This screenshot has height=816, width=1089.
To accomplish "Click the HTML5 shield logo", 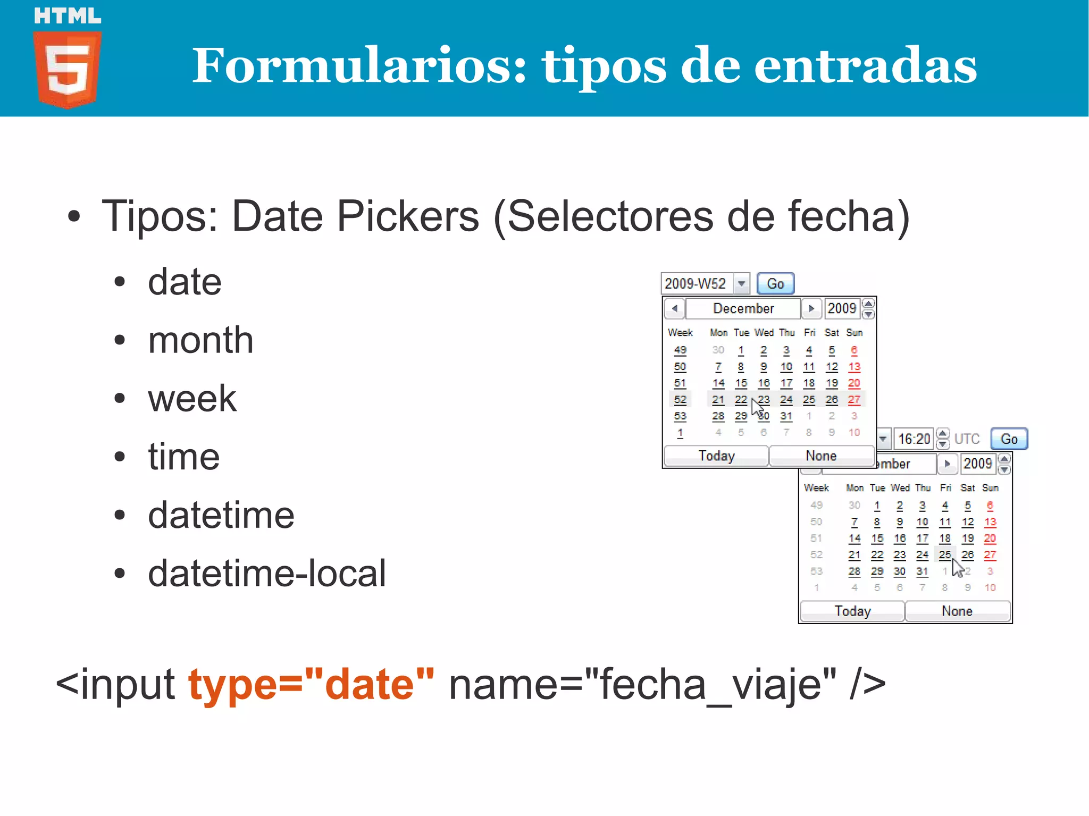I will click(68, 68).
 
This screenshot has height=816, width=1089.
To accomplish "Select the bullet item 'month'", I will click(200, 340).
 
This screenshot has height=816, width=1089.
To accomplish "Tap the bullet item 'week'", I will click(192, 398).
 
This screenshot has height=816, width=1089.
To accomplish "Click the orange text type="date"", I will click(311, 684).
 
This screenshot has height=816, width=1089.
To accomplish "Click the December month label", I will click(743, 309).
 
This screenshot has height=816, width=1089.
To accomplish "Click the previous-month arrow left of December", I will click(675, 309).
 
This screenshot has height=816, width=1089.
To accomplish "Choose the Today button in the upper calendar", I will click(716, 456).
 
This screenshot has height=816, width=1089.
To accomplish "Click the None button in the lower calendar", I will click(957, 611).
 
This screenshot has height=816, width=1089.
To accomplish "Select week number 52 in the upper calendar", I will click(680, 400).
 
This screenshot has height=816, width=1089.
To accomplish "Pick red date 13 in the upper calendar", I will click(854, 367).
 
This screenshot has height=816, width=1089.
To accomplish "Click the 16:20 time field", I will click(914, 439).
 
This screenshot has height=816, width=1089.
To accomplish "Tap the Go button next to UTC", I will click(1009, 439).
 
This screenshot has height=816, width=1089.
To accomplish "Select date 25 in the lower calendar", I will click(944, 555).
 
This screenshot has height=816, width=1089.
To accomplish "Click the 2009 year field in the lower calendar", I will click(977, 464).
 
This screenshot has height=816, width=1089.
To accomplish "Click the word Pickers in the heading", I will click(408, 216).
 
